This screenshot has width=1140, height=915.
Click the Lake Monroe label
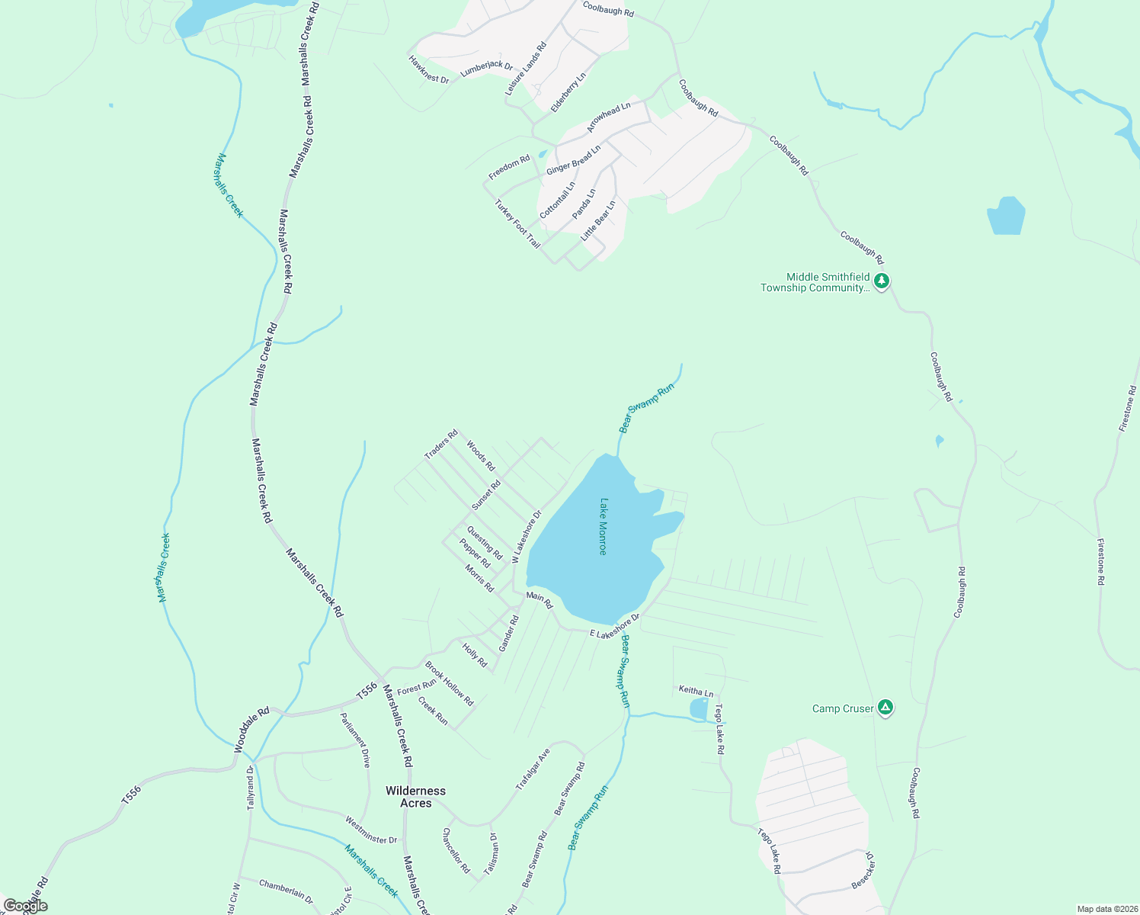point(603,527)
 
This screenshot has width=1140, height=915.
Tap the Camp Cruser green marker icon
point(885,708)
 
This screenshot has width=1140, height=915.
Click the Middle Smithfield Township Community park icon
point(882,281)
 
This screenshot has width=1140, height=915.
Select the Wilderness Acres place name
point(415,797)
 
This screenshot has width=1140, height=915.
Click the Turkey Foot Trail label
point(517,223)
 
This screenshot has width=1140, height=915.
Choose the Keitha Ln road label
point(696,692)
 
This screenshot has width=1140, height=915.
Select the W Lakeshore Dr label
point(527,536)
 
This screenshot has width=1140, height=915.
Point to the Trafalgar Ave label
point(533,770)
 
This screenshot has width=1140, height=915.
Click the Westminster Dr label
point(371,830)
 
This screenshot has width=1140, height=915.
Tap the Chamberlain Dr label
point(286,891)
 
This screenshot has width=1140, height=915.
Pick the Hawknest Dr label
point(428,69)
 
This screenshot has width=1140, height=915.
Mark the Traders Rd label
point(441,445)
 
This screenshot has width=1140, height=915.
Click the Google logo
point(25,906)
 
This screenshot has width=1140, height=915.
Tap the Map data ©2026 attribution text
point(1106,909)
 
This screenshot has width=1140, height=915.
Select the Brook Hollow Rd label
point(449,684)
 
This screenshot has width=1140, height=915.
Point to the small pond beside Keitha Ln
point(698,709)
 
